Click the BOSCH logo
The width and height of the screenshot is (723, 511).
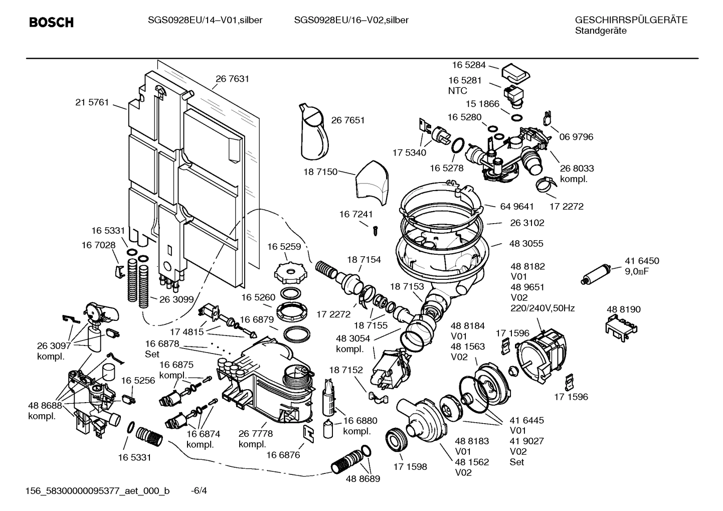click(51, 23)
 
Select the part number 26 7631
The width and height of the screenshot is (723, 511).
click(232, 79)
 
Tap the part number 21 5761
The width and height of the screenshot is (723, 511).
click(92, 102)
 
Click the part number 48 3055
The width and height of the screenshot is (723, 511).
click(526, 244)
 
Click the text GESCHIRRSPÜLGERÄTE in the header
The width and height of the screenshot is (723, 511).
click(631, 20)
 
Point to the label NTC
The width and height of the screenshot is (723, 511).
click(457, 91)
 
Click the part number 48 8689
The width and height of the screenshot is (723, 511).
click(363, 479)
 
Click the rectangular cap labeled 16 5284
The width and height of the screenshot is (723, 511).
click(514, 73)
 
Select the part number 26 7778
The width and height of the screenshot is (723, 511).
click(255, 434)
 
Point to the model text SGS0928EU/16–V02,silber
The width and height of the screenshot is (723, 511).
click(351, 20)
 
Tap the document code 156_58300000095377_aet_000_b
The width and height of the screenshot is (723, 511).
click(97, 491)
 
